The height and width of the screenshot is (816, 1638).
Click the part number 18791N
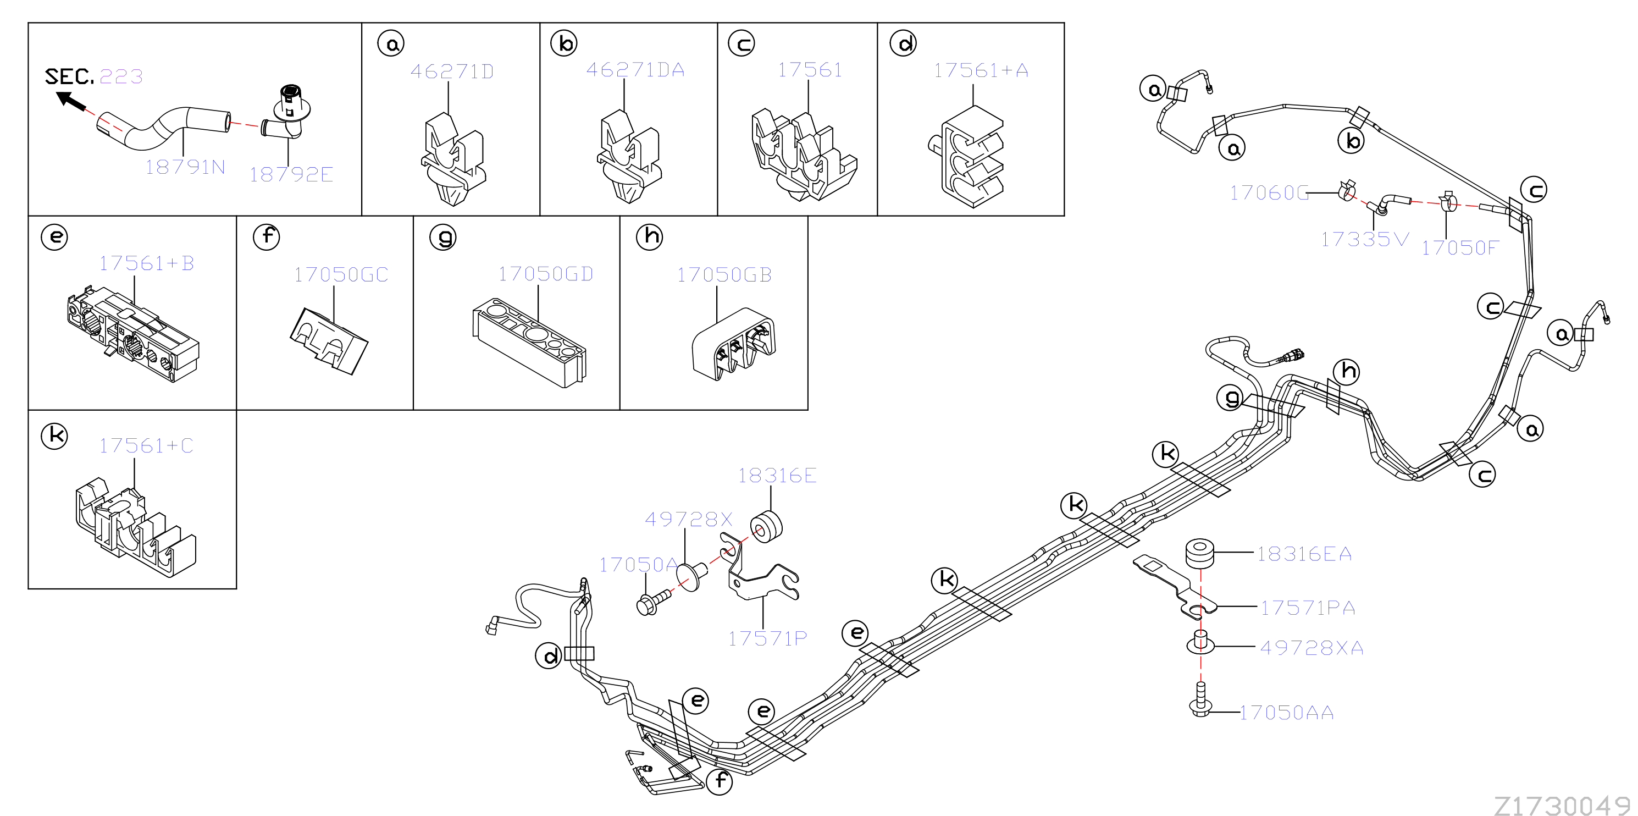(185, 167)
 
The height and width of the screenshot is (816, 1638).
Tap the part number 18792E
(291, 174)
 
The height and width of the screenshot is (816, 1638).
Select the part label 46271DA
(635, 69)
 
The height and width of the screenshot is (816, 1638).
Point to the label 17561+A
(981, 70)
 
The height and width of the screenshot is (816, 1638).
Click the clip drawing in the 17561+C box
(135, 527)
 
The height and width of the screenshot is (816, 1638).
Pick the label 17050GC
(341, 274)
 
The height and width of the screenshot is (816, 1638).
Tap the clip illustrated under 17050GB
(734, 344)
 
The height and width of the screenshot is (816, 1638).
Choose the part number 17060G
(1269, 192)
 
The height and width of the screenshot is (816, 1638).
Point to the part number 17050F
(1460, 247)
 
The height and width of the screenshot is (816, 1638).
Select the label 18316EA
(1304, 554)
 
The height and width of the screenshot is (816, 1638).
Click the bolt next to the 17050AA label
(1200, 699)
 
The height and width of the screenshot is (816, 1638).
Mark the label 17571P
(767, 638)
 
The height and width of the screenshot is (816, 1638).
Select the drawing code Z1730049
(1562, 805)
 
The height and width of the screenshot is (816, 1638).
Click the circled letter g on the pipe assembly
(1230, 398)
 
